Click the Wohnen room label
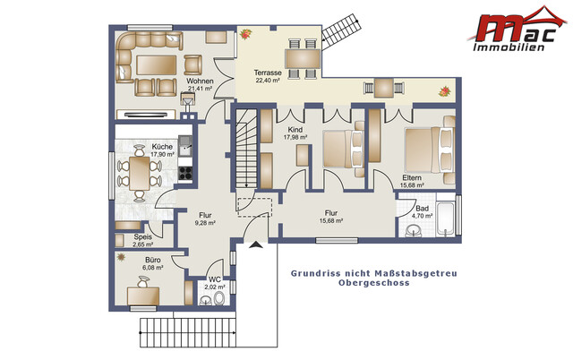coord(200,81)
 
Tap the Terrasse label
coord(269,72)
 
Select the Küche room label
coord(162,146)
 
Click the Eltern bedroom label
coord(411,177)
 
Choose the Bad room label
coord(423,208)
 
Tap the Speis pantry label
coord(142,236)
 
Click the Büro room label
coord(153,260)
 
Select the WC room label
coord(214,279)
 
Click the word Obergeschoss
coord(373,282)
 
